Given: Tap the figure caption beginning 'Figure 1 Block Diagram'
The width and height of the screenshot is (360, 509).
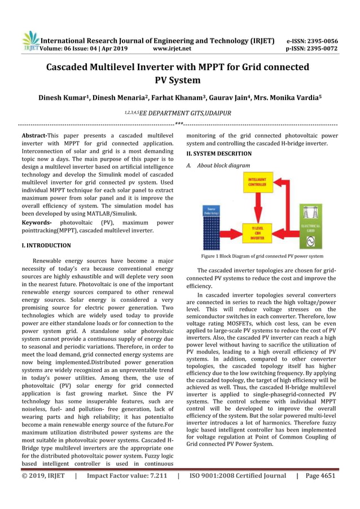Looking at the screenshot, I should point(263,256).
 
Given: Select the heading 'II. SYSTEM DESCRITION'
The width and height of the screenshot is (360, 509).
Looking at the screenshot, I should point(219,153).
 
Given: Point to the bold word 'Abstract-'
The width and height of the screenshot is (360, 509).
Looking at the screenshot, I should point(34,136).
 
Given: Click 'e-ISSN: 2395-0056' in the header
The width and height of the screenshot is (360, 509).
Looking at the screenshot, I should point(312,41).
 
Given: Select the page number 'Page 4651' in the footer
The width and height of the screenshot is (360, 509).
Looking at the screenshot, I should point(320,476).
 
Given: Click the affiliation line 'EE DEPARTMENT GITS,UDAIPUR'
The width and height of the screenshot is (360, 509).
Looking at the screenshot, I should point(185,113).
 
